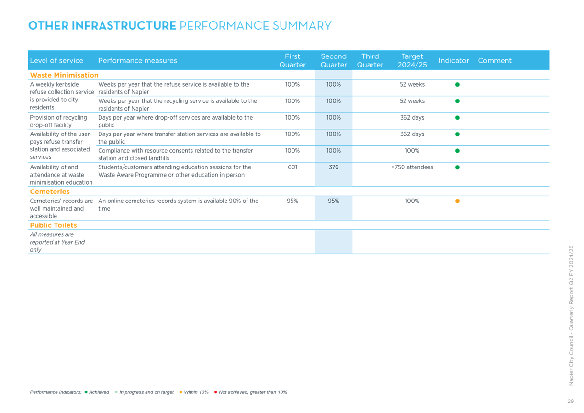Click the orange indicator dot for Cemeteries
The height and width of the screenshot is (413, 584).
coord(457,201)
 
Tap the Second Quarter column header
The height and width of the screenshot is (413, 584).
coord(334,60)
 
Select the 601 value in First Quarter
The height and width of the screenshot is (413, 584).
coord(292,167)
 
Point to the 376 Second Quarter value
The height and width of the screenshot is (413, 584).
coord(334,167)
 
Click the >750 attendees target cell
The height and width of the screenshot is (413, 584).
coord(412,167)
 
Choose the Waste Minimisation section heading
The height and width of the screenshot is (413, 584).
coord(64,75)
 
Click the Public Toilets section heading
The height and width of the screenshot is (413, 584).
coord(54,225)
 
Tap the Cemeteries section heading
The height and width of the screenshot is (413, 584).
coord(50,191)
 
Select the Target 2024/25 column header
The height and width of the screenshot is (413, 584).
coord(412,60)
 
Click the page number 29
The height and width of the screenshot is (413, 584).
coord(571,401)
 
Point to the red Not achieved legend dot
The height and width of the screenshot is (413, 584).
coord(215,392)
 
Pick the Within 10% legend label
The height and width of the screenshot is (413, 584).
coord(196,392)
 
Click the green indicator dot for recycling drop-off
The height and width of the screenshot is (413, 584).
coord(457,118)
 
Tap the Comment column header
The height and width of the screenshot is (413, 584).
coord(494,60)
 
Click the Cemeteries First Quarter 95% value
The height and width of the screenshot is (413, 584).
coord(292,201)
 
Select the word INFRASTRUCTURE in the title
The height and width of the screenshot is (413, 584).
coord(124,25)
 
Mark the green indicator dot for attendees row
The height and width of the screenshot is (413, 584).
coord(457,167)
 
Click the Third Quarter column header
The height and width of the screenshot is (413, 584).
coord(370,60)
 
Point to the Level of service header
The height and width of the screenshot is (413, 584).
coord(56,60)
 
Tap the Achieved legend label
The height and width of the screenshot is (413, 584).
coord(99,392)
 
